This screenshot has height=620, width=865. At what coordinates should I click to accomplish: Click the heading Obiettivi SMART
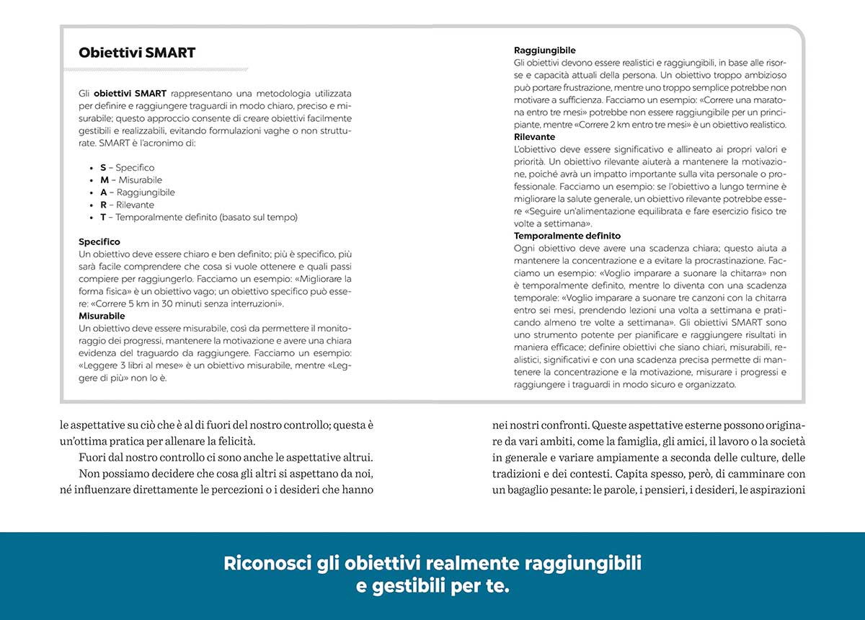pos(137,53)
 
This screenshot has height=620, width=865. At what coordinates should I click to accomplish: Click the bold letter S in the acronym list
pos(103,168)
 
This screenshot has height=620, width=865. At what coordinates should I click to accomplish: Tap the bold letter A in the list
pos(103,192)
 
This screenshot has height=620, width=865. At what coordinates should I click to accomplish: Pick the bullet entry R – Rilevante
pos(127,205)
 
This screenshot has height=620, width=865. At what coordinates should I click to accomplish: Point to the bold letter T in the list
pos(103,217)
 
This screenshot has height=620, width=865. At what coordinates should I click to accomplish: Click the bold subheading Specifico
pos(99,242)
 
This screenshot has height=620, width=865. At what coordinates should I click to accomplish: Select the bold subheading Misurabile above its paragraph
pos(102,316)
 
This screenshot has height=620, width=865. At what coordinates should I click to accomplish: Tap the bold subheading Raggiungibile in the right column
pos(544,50)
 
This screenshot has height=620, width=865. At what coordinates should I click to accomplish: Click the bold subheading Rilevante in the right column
pos(534,136)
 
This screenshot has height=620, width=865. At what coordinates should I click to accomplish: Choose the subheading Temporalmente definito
pos(567,236)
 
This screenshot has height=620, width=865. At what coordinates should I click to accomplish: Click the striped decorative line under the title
pos(156,70)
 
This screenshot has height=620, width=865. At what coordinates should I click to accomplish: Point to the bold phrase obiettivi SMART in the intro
pos(130,94)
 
